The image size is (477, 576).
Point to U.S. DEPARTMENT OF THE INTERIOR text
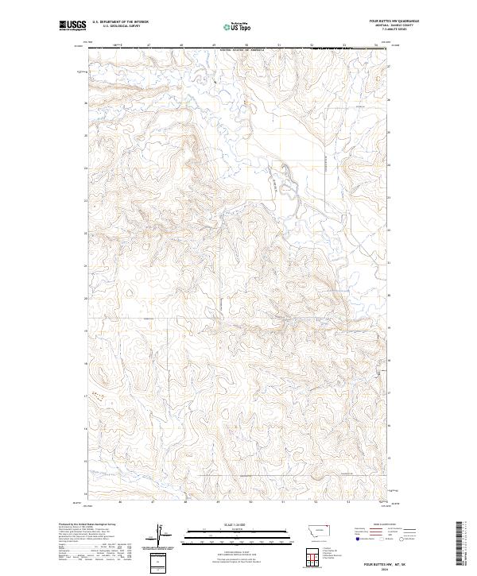pyautogui.click(x=119, y=21)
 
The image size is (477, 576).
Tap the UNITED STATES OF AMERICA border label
pyautogui.click(x=241, y=49)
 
